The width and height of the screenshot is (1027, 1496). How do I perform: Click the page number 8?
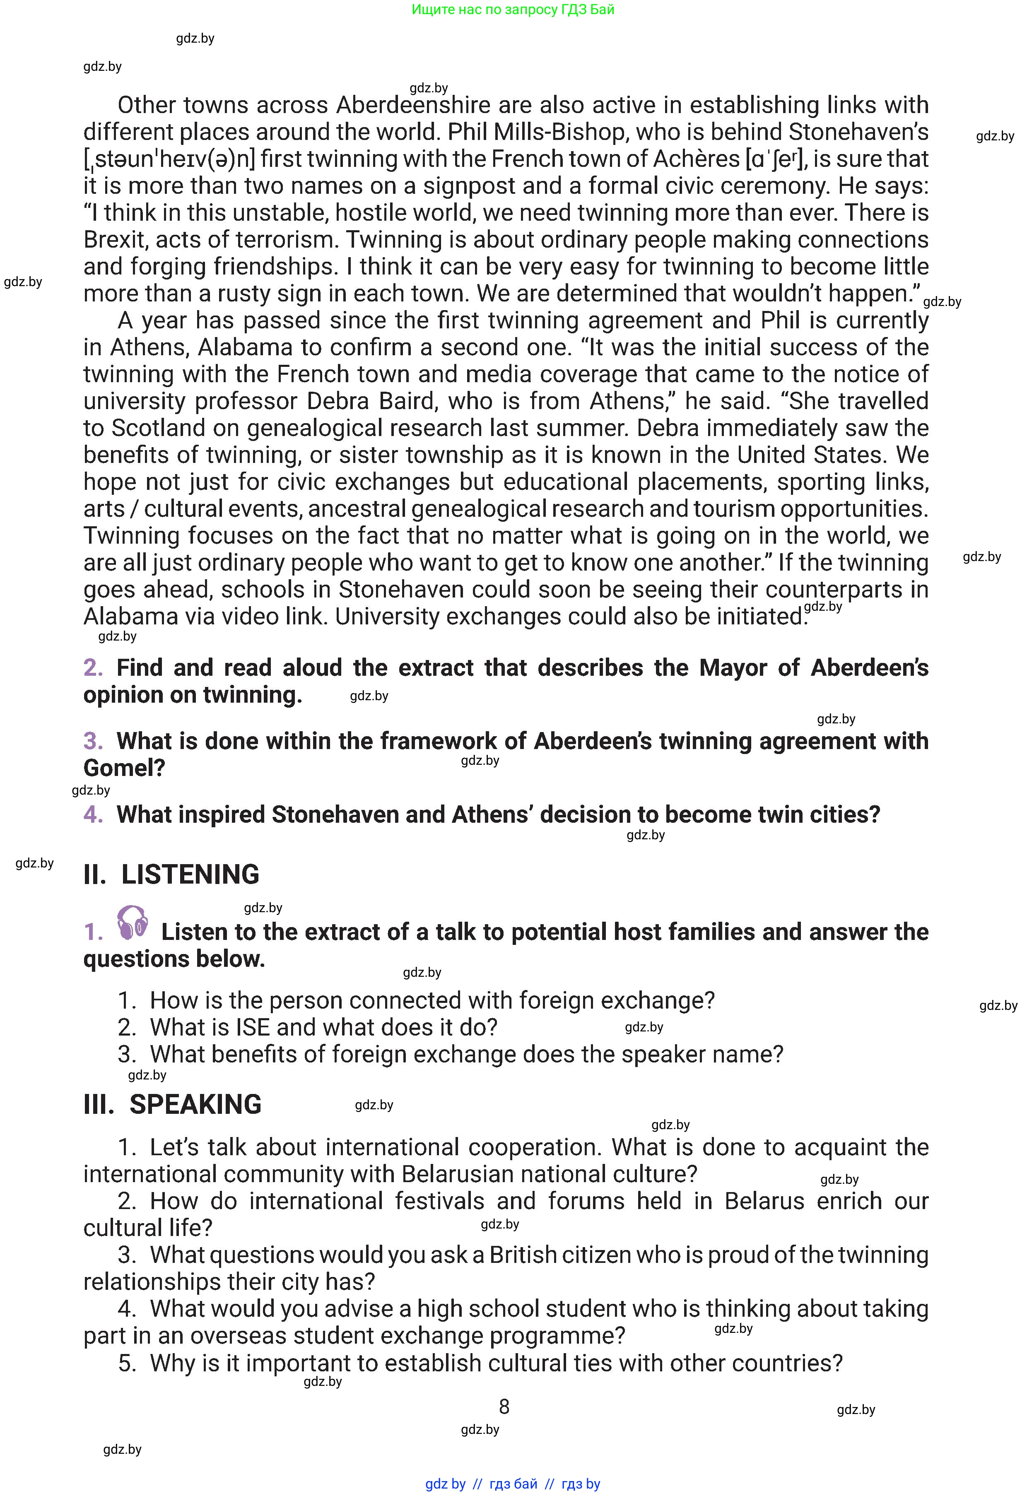pyautogui.click(x=504, y=1407)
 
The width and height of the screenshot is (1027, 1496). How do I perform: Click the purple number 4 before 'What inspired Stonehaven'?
pyautogui.click(x=93, y=815)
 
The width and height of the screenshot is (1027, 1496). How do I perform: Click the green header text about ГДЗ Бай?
pyautogui.click(x=513, y=10)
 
